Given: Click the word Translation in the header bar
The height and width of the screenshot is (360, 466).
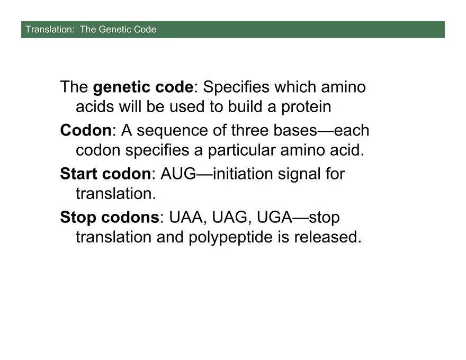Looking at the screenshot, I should (x=48, y=30).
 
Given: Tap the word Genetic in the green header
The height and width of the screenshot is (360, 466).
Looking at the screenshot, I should (x=114, y=30).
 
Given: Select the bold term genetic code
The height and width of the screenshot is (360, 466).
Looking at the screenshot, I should (x=142, y=87).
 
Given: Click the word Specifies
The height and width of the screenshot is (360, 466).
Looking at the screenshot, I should (x=236, y=87).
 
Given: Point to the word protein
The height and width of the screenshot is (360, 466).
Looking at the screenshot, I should (x=306, y=107).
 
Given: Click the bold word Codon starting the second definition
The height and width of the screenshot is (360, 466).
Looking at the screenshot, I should (x=86, y=130).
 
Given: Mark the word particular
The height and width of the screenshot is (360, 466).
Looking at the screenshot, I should (x=244, y=150).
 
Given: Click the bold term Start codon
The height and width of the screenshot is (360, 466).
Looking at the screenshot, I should (x=105, y=174).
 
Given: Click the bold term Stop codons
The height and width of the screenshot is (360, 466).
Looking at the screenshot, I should (x=109, y=217).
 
